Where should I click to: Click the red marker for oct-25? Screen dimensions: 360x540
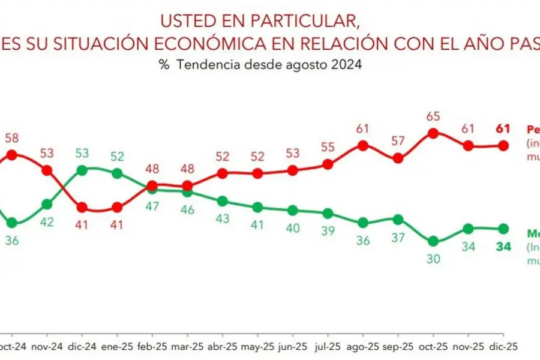[433, 133]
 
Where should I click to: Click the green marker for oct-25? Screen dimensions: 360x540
[433, 241]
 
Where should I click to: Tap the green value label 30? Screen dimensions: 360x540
[433, 259]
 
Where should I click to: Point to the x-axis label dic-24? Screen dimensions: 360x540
[82, 346]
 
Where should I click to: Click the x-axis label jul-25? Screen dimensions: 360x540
[328, 346]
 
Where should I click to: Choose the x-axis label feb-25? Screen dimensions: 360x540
[152, 346]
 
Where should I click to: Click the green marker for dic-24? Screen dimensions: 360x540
[82, 170]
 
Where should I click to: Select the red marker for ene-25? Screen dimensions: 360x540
[117, 208]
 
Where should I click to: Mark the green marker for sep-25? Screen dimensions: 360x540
[398, 219]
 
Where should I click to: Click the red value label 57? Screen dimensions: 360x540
[398, 142]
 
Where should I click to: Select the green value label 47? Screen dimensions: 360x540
[152, 206]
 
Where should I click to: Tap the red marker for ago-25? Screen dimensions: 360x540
[362, 145]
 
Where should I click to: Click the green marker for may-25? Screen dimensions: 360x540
[257, 207]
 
